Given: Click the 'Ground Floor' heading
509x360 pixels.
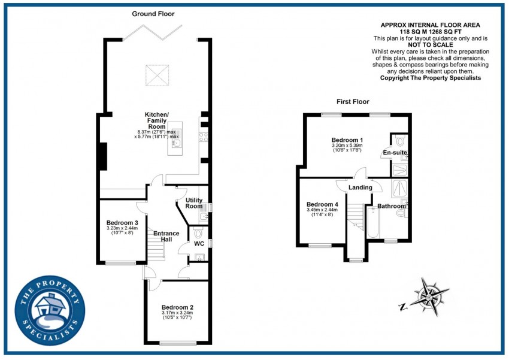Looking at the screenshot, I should (153, 13).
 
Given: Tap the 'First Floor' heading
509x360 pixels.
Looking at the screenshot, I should (353, 102).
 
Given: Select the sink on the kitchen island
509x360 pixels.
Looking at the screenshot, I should (176, 143).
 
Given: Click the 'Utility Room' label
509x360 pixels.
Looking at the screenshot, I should (194, 203).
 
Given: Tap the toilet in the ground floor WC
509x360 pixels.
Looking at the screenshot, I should (199, 233).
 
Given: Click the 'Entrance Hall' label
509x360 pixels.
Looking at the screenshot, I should (166, 236).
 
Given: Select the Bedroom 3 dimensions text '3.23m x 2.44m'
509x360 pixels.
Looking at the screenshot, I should (122, 228).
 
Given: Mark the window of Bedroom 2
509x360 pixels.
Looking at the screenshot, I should (177, 343).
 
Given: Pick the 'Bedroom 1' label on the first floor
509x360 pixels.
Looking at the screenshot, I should (348, 140).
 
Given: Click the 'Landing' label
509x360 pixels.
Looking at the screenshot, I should (360, 187).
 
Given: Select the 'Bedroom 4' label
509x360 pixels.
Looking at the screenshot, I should (323, 204).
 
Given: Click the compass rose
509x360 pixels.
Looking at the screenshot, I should (429, 295).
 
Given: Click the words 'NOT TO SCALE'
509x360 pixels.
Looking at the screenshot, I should (431, 45).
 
